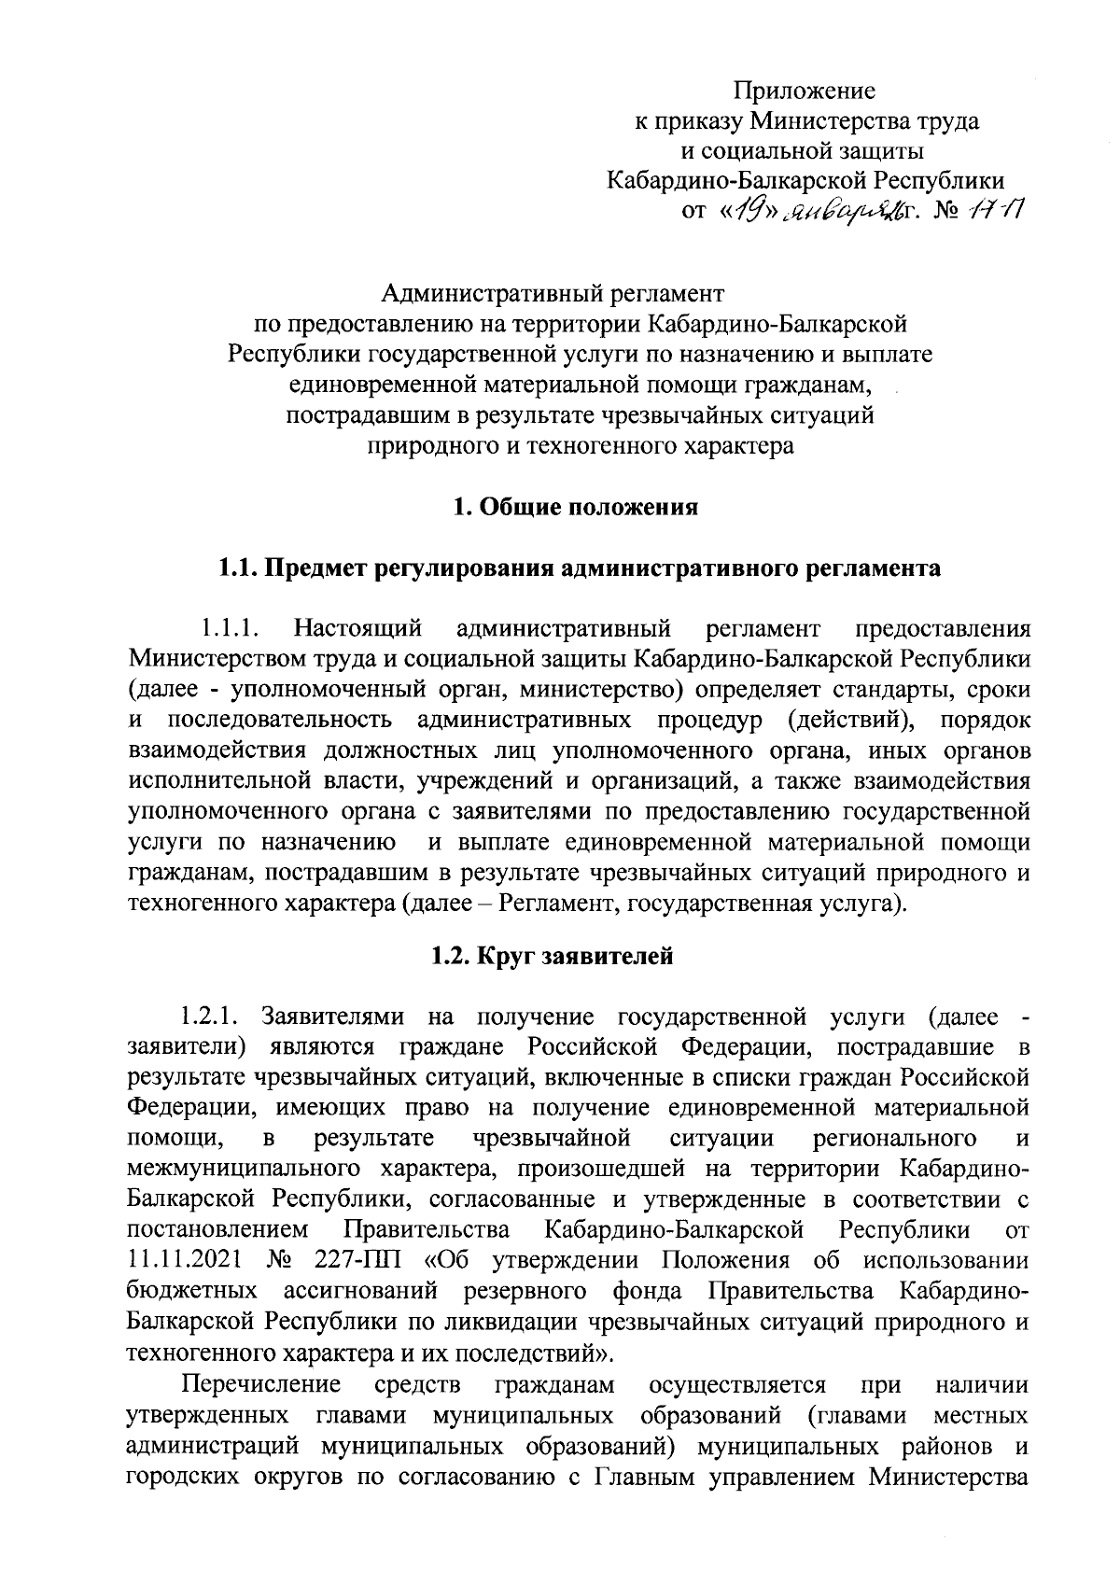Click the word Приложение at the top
[804, 91]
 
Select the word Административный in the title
[479, 294]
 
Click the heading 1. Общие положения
[575, 508]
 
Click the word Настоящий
[357, 628]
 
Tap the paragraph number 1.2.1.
[211, 1016]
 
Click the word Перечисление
[261, 1382]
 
